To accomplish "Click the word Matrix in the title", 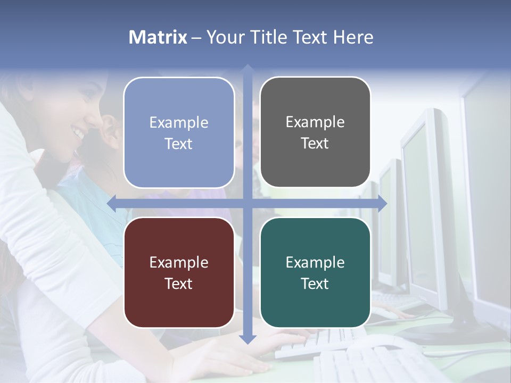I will click(158, 37).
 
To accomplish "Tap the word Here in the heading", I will click(353, 37).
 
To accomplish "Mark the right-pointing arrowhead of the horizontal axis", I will click(382, 204).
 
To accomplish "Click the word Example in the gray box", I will click(315, 122).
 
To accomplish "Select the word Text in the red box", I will click(179, 284).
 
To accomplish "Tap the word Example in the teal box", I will click(315, 262).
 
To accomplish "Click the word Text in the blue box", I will click(179, 144).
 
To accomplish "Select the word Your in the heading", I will click(225, 37).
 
